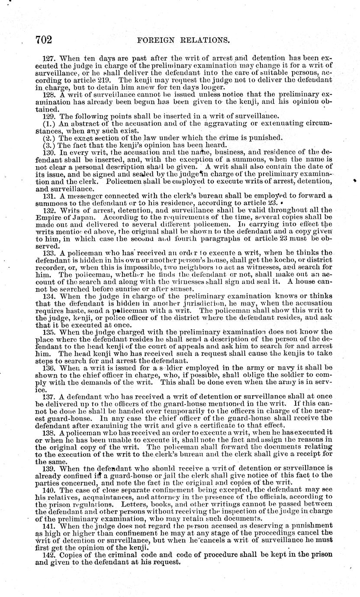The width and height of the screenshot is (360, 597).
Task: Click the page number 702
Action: click(43, 40)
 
